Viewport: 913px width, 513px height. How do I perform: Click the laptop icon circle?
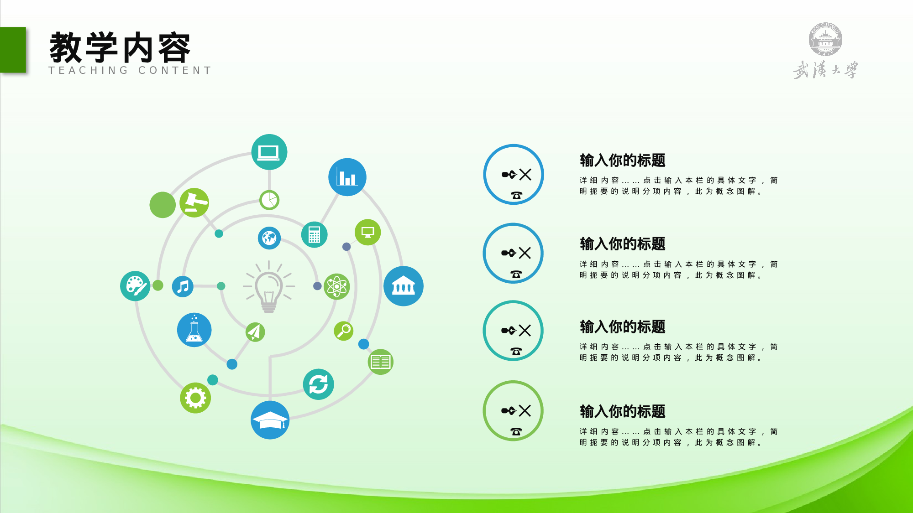click(269, 152)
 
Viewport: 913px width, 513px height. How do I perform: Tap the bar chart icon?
click(347, 177)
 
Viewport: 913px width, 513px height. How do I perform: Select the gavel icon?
click(194, 202)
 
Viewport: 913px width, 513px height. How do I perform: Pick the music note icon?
click(183, 286)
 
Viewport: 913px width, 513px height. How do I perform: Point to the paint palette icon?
click(135, 286)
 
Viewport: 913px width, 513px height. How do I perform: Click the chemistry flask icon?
click(194, 330)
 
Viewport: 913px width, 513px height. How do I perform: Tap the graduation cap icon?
click(270, 420)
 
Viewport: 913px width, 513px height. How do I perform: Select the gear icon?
click(195, 398)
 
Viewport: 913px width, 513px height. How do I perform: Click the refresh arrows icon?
click(318, 384)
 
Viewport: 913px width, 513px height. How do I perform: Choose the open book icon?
click(380, 362)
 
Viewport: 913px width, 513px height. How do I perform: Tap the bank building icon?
click(403, 286)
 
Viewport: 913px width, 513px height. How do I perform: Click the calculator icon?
click(314, 235)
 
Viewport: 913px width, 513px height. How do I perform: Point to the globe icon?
click(269, 238)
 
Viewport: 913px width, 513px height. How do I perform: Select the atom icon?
click(336, 286)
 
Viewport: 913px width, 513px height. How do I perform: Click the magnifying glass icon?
click(343, 331)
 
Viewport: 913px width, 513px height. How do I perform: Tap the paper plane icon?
click(255, 332)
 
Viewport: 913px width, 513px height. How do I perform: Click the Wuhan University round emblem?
click(825, 39)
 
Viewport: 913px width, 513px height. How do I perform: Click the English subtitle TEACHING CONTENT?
click(130, 70)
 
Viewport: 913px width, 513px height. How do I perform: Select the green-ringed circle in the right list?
click(513, 410)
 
